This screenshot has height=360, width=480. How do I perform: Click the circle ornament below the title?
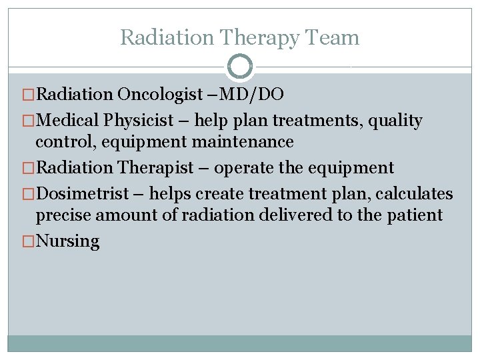coord(240,67)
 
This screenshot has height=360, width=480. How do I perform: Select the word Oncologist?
coord(157,95)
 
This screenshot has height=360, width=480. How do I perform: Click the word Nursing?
coord(67,241)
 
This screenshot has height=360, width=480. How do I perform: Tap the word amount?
coord(125,215)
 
